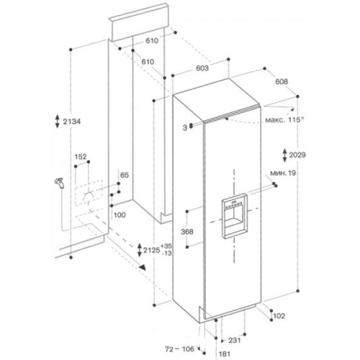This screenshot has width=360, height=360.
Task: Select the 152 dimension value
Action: [81, 156]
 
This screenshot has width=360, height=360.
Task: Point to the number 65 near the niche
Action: [124, 175]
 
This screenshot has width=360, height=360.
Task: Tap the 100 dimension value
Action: [120, 215]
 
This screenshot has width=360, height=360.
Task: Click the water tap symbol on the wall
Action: [59, 184]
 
